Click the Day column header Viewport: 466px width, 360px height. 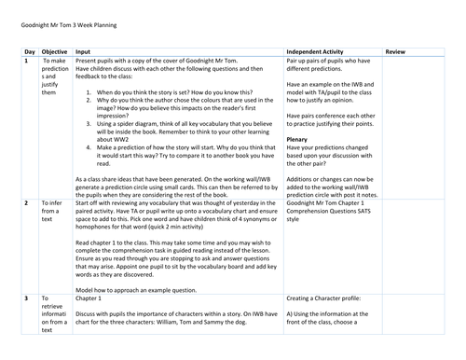pos(30,52)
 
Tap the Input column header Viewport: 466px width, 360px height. pos(84,52)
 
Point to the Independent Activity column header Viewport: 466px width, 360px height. pos(325,52)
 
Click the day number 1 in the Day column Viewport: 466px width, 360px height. pos(26,62)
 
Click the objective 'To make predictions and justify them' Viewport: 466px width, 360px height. pos(55,80)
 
